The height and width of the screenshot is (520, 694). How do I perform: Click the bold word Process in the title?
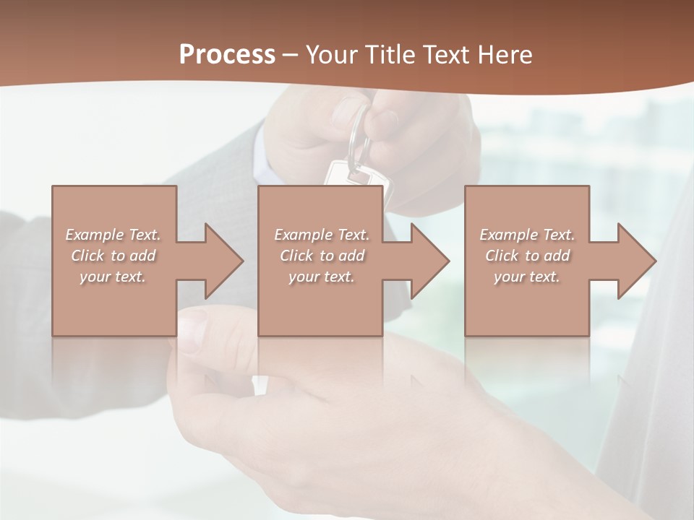[x=227, y=55]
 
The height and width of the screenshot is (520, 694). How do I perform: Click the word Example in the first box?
[x=95, y=235]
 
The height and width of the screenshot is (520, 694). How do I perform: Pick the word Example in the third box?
[x=509, y=235]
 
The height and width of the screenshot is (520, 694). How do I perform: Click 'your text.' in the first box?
[x=113, y=277]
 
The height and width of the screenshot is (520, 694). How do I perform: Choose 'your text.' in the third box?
[x=527, y=277]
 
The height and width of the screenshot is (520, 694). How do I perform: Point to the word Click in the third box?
[x=502, y=256]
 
